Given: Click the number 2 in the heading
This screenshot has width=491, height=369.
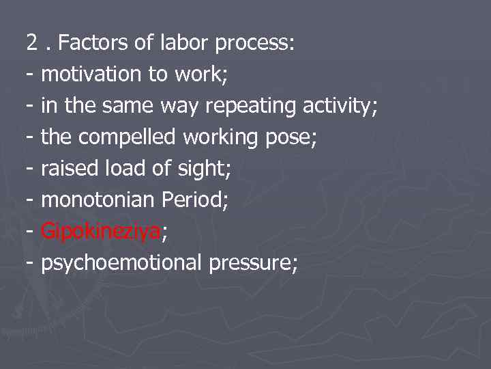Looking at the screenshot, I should pyautogui.click(x=32, y=44).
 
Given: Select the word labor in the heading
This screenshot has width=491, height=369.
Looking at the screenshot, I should pyautogui.click(x=184, y=44).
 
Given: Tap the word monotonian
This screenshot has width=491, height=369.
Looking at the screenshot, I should pyautogui.click(x=98, y=200).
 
